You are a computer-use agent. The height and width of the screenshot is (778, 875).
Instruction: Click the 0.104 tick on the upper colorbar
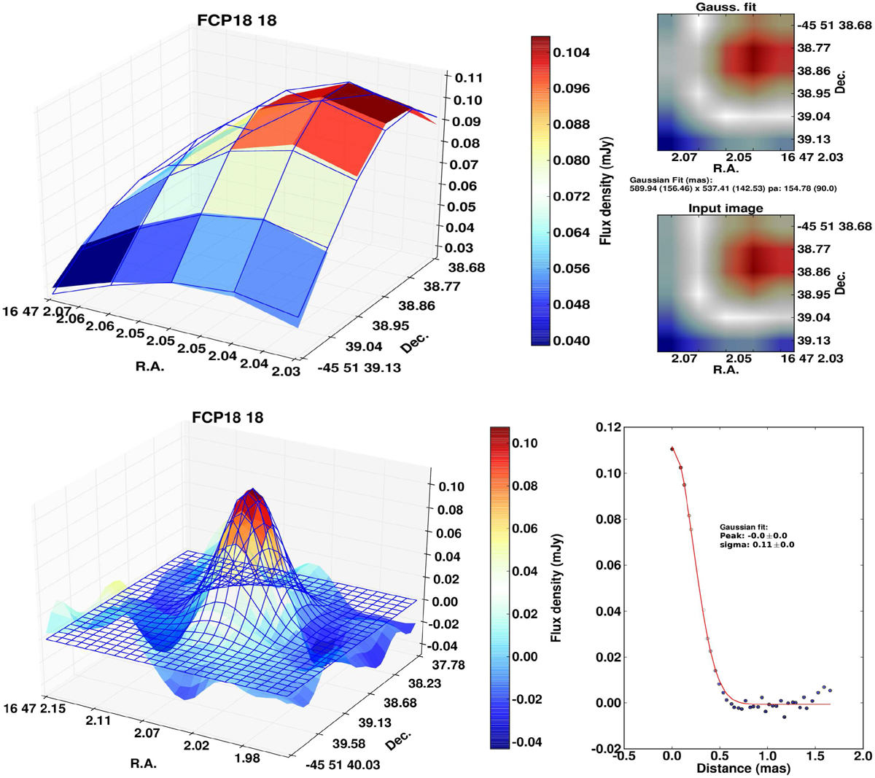(x=571, y=52)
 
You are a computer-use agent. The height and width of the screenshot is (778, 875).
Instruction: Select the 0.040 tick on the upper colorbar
(x=571, y=341)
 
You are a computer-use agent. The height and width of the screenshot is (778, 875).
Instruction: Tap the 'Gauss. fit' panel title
(x=726, y=7)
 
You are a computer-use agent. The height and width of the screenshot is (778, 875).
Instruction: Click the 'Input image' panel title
(x=726, y=208)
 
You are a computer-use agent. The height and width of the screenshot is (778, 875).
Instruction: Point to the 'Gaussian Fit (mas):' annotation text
(x=671, y=179)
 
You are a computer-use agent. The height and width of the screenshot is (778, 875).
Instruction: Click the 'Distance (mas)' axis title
(x=743, y=768)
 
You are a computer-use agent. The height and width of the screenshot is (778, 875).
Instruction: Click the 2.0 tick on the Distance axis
(x=863, y=756)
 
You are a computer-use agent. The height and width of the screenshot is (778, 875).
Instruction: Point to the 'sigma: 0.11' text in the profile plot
(x=756, y=545)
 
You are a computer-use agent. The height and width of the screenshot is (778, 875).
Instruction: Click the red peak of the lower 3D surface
(x=252, y=503)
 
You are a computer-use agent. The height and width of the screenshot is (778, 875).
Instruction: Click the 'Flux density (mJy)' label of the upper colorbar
(x=606, y=190)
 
